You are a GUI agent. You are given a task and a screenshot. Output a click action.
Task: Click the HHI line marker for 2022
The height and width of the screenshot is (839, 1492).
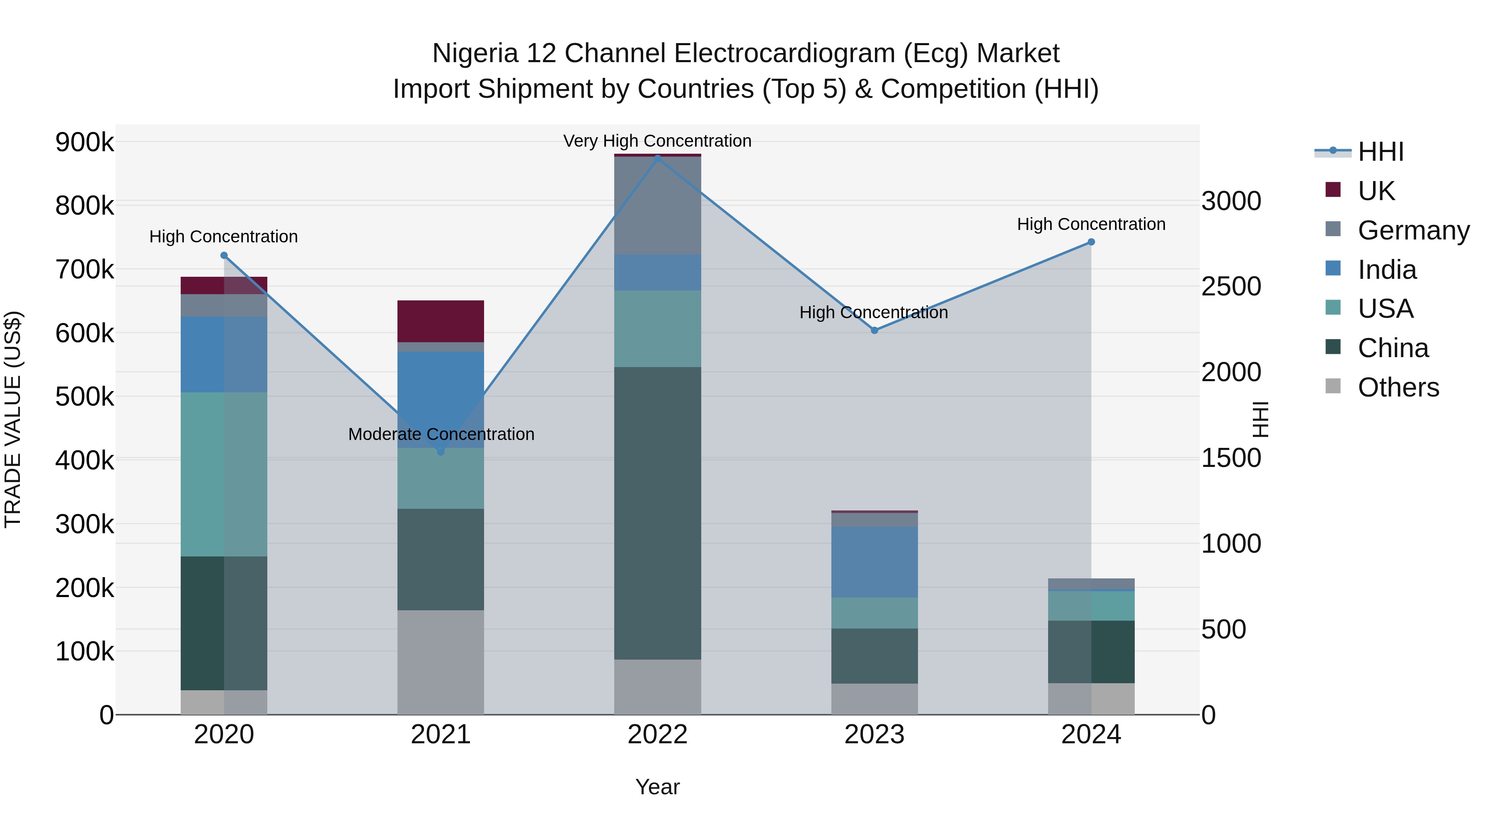657,157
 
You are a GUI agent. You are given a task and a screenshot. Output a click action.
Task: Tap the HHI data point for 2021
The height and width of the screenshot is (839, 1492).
441,451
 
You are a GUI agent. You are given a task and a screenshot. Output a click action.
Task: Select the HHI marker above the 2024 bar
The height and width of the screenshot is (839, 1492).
1091,242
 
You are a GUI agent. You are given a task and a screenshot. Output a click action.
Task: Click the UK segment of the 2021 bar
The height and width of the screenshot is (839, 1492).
441,322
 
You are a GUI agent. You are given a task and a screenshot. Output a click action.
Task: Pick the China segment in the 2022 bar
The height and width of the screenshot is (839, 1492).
657,513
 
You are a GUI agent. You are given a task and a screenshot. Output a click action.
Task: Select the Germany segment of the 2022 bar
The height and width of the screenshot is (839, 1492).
657,206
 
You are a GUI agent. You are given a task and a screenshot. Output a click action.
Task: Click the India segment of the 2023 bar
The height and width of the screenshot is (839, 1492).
874,562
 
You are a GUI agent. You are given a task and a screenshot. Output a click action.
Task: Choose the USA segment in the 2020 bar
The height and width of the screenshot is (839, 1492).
224,474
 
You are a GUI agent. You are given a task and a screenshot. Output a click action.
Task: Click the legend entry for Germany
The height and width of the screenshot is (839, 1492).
1413,230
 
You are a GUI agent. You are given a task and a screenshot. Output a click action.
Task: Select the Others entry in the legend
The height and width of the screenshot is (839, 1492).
1398,387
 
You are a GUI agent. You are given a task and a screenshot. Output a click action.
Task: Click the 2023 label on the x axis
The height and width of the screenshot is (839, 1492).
874,735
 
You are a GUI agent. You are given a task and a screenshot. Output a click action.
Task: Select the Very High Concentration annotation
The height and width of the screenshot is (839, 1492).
657,141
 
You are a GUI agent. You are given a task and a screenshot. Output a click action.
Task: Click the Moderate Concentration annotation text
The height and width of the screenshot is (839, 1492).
441,434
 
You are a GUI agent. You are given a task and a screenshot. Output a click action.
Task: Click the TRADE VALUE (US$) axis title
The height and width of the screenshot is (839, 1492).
13,419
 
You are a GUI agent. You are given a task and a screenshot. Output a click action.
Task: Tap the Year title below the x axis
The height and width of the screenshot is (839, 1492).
657,787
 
